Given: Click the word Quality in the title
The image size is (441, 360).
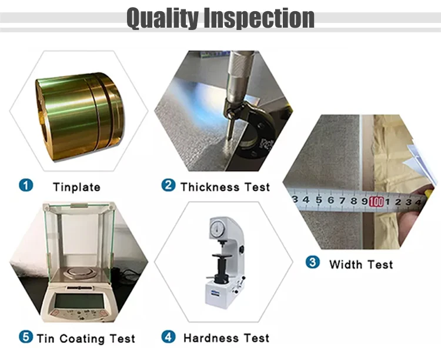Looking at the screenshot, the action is [x=162, y=18].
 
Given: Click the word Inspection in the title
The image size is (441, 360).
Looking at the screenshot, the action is [x=259, y=18].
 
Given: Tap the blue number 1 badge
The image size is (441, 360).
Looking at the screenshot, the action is [x=26, y=185].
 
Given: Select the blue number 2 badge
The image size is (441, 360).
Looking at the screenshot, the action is [x=168, y=185].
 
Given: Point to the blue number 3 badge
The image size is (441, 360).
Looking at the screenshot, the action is [x=312, y=262].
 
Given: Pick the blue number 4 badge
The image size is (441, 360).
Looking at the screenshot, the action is [x=168, y=336].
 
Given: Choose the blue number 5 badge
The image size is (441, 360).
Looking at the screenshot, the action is [x=26, y=336].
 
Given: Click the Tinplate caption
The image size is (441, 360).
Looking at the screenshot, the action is [x=76, y=188].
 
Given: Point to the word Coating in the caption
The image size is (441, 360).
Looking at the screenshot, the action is [x=82, y=339].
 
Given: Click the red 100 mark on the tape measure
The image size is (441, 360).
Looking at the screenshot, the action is [x=376, y=202].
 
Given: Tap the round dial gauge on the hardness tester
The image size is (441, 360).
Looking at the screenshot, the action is [x=218, y=228].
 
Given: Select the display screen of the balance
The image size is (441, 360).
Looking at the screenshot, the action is [x=79, y=301].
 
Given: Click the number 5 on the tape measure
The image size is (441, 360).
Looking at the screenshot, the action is [x=318, y=200].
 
